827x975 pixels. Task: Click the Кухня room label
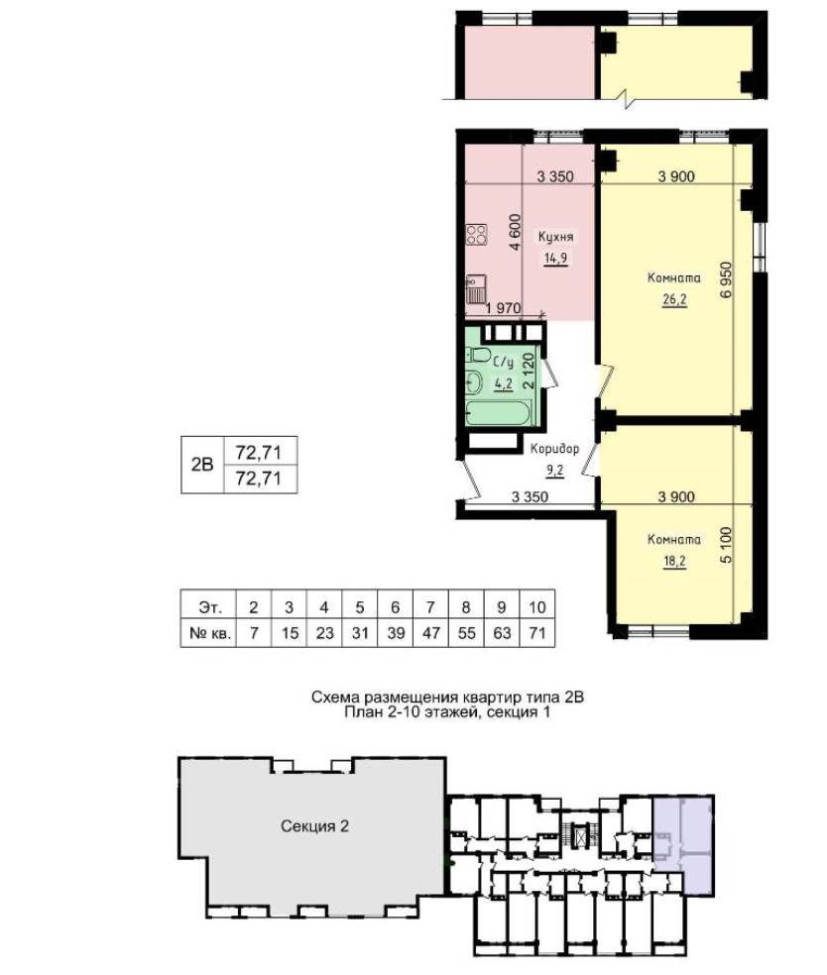(555, 237)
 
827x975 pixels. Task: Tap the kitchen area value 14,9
(555, 258)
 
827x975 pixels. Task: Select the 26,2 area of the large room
(674, 299)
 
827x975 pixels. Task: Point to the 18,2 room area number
(674, 561)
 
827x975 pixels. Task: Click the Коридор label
(554, 449)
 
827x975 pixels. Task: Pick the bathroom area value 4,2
(504, 383)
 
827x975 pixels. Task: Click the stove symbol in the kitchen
(477, 235)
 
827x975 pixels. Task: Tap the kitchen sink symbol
(475, 289)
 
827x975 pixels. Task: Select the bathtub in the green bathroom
(499, 412)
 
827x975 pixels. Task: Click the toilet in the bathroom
(478, 355)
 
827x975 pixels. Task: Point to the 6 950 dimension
(726, 281)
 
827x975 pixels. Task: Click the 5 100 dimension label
(726, 546)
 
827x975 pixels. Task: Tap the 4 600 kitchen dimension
(515, 232)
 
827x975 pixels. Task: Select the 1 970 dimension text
(504, 308)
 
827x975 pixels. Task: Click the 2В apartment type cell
(202, 465)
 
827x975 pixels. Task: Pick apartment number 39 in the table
(395, 633)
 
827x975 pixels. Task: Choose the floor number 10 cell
(536, 606)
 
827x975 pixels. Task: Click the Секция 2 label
(315, 825)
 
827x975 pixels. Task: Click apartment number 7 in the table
(253, 633)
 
